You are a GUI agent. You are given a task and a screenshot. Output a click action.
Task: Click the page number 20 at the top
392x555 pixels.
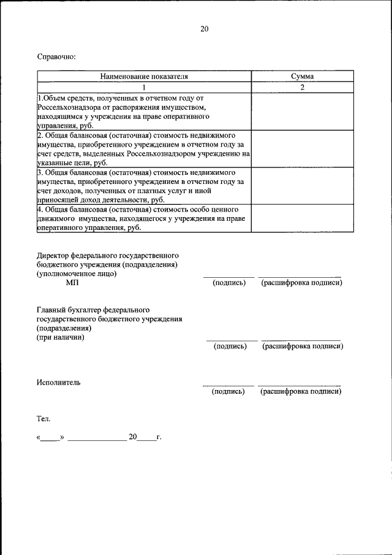click(x=204, y=29)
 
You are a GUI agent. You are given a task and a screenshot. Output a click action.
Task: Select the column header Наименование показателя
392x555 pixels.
click(x=144, y=77)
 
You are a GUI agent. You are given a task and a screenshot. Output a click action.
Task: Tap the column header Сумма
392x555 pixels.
click(x=303, y=77)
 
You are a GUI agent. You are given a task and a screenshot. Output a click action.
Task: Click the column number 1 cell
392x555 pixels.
click(x=144, y=87)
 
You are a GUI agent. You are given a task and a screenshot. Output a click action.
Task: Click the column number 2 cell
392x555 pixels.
click(x=303, y=87)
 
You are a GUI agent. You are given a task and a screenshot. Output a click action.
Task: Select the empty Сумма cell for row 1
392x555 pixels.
click(x=303, y=111)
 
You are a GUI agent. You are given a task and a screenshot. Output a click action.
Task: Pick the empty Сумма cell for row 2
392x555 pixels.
click(x=303, y=148)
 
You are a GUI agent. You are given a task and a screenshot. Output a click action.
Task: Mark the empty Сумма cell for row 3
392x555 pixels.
click(x=303, y=186)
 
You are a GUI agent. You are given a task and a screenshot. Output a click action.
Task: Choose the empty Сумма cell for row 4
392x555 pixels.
click(x=303, y=218)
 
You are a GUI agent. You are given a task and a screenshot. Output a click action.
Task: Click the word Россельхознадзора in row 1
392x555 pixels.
click(x=69, y=107)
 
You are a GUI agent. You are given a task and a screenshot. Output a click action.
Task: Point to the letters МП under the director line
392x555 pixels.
click(x=72, y=283)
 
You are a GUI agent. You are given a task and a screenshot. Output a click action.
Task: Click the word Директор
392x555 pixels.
click(x=53, y=254)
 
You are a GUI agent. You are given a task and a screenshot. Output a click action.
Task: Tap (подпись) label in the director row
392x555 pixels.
click(x=229, y=283)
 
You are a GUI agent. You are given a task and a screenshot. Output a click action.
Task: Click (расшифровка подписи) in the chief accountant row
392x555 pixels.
click(x=303, y=346)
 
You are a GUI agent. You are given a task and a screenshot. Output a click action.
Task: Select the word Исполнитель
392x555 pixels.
click(x=58, y=382)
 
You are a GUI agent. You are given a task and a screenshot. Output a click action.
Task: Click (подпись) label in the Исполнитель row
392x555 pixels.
click(x=228, y=391)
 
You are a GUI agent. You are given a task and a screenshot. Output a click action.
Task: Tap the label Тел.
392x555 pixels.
click(x=43, y=419)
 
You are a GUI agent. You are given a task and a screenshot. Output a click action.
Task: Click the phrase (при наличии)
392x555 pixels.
click(x=61, y=337)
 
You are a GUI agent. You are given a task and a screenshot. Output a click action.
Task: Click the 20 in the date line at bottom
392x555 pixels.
click(x=132, y=437)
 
